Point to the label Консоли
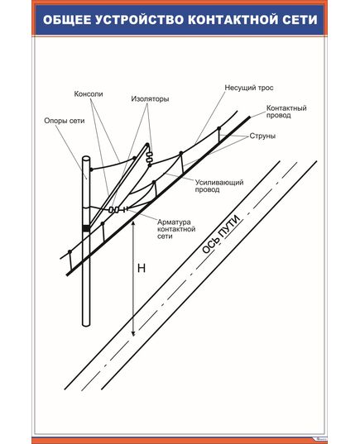[x=89, y=94]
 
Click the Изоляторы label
[x=150, y=99]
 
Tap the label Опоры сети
[x=65, y=121]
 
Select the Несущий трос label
[x=249, y=88]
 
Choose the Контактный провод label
[x=286, y=112]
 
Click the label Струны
[x=262, y=136]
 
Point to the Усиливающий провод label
[x=219, y=186]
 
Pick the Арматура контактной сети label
[x=176, y=229]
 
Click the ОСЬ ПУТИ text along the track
[x=221, y=234]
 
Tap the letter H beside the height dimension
[x=142, y=268]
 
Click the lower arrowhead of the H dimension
[x=133, y=333]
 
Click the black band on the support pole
[x=86, y=228]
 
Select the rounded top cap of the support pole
[x=86, y=158]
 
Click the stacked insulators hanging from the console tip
[x=150, y=159]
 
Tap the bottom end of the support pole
[x=86, y=325]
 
